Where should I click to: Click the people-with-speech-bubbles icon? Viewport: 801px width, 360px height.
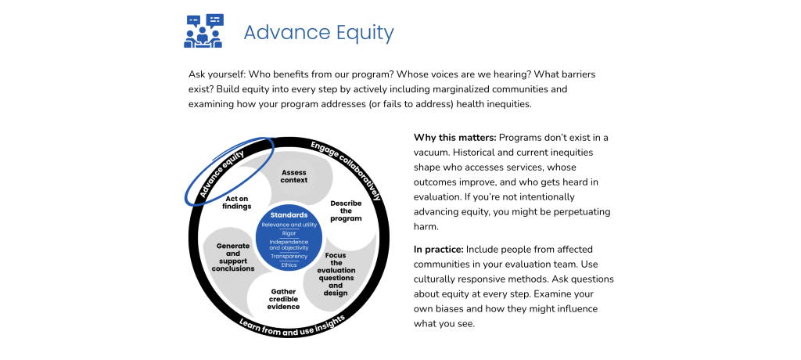point(203,31)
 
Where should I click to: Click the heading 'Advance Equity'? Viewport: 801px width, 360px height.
point(319,33)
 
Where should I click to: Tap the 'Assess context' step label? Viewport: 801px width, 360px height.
point(294,176)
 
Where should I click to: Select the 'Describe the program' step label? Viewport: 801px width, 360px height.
point(346,211)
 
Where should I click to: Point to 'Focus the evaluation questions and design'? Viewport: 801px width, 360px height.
point(336,274)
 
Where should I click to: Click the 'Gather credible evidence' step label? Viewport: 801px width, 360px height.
point(283,299)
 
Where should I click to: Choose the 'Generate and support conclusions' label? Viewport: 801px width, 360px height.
point(233,257)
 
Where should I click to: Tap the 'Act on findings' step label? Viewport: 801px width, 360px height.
point(237,203)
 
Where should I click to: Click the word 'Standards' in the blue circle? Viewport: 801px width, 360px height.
point(289,215)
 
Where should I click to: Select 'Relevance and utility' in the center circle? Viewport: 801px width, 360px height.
point(289,225)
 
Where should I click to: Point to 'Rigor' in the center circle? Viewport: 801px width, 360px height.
point(289,233)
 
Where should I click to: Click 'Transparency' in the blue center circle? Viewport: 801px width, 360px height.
point(289,256)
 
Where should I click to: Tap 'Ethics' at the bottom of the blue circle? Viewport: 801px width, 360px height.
point(289,265)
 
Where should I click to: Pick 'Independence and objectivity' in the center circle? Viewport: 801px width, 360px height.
point(289,244)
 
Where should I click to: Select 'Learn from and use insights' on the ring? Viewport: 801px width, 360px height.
point(292,326)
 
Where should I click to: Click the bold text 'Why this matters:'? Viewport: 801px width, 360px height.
point(454,138)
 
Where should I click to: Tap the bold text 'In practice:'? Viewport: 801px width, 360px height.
point(438,250)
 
